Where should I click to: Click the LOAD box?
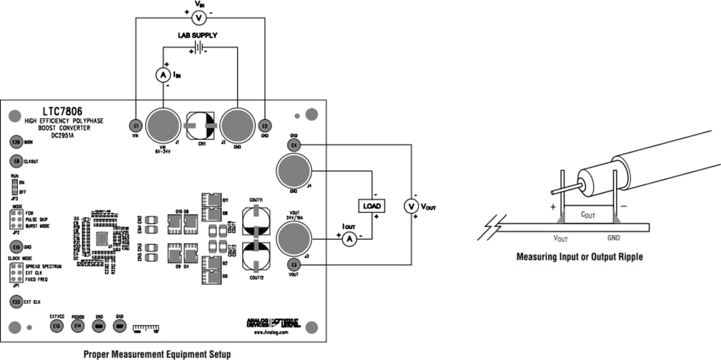point(372,206)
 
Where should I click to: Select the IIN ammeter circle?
point(162,75)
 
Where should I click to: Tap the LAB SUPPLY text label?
point(197,35)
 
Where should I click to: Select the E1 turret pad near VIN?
point(136,125)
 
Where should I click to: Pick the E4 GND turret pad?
point(294,145)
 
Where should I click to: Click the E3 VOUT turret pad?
point(294,265)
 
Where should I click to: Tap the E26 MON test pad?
point(15,142)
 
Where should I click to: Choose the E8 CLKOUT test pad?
point(15,161)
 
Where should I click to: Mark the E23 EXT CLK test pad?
point(15,302)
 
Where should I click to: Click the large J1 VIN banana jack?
point(162,124)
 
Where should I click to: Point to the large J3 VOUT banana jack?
point(292,238)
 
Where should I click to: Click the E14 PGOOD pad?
point(77,325)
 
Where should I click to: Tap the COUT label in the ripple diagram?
point(587,215)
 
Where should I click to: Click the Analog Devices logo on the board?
point(257,323)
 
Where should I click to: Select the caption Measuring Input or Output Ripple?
point(579,256)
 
